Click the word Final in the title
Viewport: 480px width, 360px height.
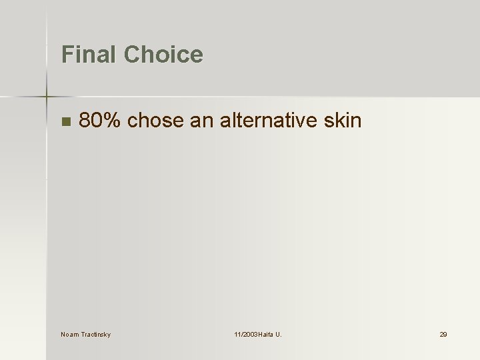(x=86, y=54)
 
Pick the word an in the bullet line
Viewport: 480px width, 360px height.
(x=202, y=121)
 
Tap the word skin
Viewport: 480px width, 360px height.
(x=341, y=121)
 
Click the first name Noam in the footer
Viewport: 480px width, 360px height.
(x=69, y=334)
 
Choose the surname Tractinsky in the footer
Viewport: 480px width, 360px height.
(x=95, y=334)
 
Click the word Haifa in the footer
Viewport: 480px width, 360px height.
(x=268, y=334)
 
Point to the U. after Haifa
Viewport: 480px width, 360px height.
(x=279, y=334)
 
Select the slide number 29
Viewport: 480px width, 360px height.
(x=443, y=334)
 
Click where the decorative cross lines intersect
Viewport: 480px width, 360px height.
(x=47, y=97)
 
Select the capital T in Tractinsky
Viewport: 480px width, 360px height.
(x=83, y=334)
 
